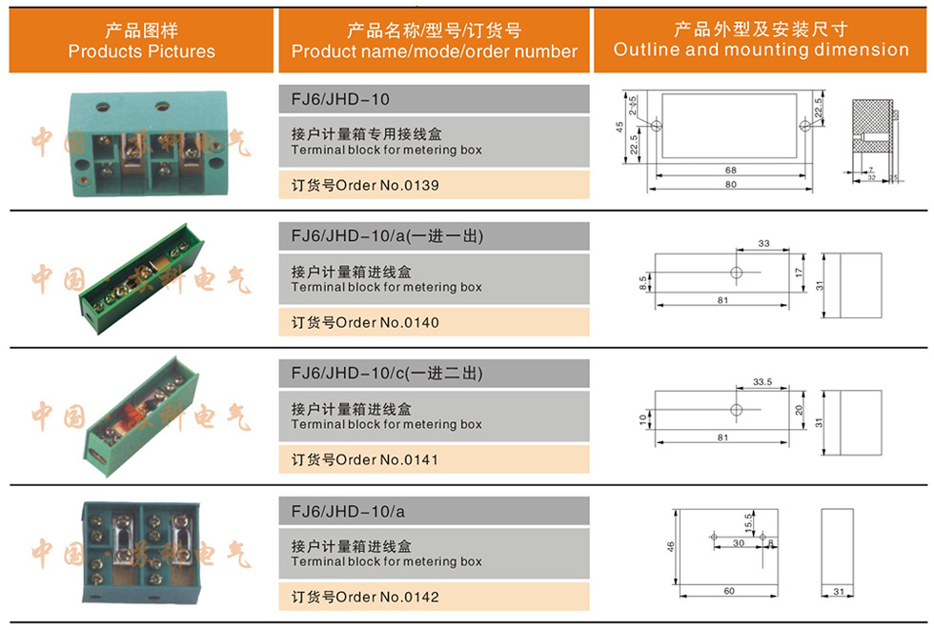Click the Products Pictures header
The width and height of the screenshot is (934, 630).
141,40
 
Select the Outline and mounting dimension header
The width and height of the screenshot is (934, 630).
761,40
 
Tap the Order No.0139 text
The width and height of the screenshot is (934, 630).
365,185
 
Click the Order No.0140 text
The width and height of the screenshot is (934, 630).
365,323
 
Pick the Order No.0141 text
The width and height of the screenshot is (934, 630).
365,460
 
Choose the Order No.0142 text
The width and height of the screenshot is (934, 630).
365,598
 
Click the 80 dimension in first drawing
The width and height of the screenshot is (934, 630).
730,184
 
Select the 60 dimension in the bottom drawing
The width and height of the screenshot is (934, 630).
729,592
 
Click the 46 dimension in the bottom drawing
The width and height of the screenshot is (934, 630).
671,547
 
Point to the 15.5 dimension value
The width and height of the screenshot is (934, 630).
749,522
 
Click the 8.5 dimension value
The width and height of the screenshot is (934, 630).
644,282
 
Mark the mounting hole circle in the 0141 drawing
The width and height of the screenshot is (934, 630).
735,411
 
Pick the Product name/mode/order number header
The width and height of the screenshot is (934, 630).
435,40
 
